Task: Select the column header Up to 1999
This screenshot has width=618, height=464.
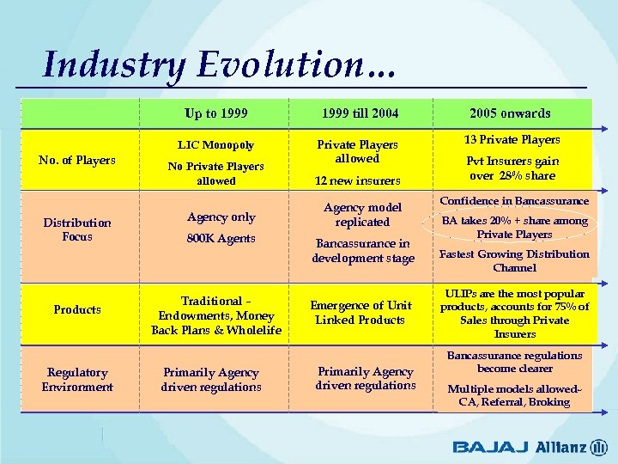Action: pos(216,113)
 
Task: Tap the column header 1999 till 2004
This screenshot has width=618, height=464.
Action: pos(360,113)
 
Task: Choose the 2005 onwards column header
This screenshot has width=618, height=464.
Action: pos(510,113)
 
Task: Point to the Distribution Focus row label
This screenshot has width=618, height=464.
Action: pos(77,229)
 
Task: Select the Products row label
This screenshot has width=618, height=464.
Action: pos(77,309)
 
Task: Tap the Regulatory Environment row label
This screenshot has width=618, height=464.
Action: pos(77,380)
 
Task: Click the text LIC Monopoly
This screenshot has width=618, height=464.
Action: pos(216,145)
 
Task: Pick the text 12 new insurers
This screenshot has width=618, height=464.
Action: pos(357,180)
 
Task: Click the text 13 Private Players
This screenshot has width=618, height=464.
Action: pos(512,139)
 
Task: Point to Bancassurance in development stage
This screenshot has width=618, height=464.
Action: pos(362,251)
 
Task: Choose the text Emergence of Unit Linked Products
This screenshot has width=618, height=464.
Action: pos(360,313)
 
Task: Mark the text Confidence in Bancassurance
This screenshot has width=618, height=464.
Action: pos(514,201)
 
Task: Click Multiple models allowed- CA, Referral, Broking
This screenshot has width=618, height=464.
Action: pos(514,395)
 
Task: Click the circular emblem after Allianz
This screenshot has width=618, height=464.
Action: pos(599,447)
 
